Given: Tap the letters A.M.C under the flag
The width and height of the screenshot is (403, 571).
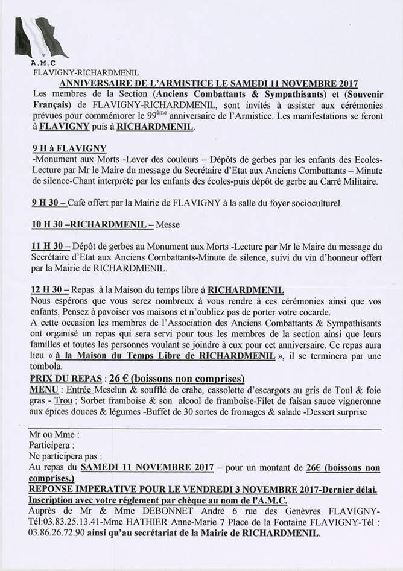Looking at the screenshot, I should (43, 63).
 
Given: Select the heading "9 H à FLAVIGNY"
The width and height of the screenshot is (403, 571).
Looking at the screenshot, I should (69, 148).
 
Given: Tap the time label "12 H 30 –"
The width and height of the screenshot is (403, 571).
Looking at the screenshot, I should (51, 289).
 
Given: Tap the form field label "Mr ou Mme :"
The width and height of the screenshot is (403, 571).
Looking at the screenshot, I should (54, 434).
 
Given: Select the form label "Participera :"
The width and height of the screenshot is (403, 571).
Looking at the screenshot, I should (52, 445).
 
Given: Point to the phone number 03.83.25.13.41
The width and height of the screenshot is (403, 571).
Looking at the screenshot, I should (77, 523).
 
